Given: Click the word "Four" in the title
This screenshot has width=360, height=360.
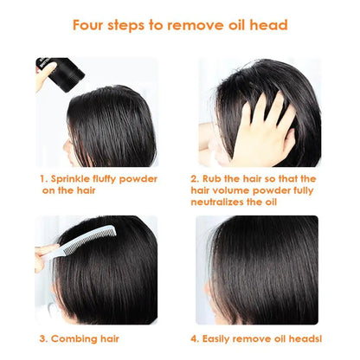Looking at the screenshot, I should click(x=91, y=24).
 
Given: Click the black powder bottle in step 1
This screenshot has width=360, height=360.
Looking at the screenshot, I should click(x=61, y=72).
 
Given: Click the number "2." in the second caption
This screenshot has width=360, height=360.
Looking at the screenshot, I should click(x=196, y=179).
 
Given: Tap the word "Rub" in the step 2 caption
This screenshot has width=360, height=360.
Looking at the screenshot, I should click(x=217, y=179).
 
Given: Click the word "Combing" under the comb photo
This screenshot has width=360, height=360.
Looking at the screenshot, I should click(x=74, y=338).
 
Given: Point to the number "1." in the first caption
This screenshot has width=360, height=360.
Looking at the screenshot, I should click(x=42, y=179).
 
